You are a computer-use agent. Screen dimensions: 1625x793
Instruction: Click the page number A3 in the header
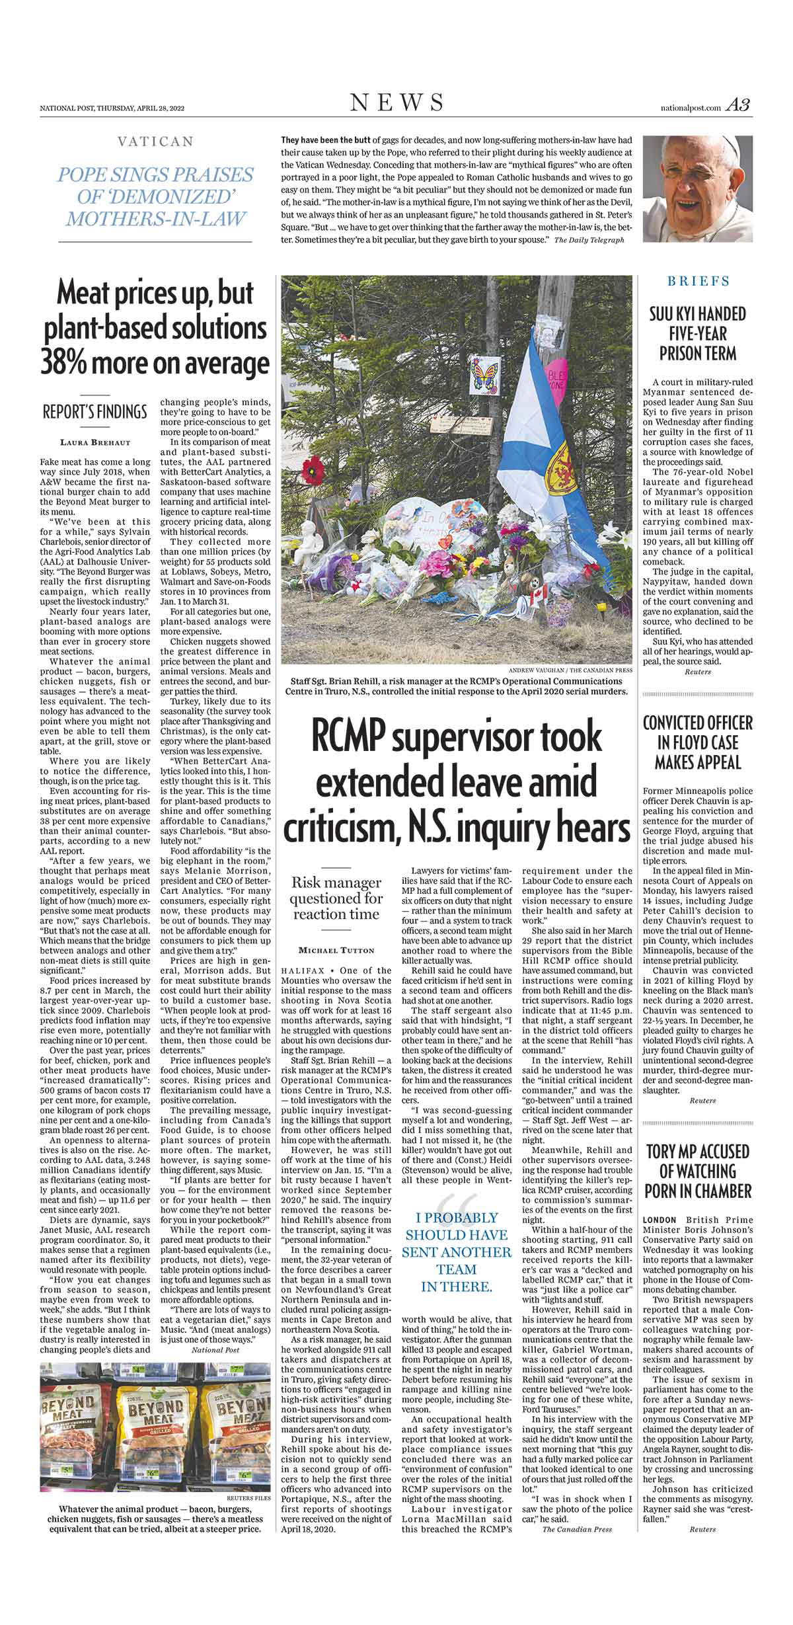(737, 105)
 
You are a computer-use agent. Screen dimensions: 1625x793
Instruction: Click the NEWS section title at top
(397, 102)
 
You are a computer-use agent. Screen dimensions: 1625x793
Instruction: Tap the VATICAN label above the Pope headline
(155, 141)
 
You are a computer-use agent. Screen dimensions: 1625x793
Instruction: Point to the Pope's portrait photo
(698, 190)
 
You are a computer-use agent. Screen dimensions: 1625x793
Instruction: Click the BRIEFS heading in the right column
(698, 281)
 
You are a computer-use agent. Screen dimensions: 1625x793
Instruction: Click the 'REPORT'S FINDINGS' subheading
(94, 413)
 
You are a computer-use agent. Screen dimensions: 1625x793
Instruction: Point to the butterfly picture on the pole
(484, 377)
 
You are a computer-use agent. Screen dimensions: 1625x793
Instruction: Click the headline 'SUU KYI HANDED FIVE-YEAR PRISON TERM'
(698, 333)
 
